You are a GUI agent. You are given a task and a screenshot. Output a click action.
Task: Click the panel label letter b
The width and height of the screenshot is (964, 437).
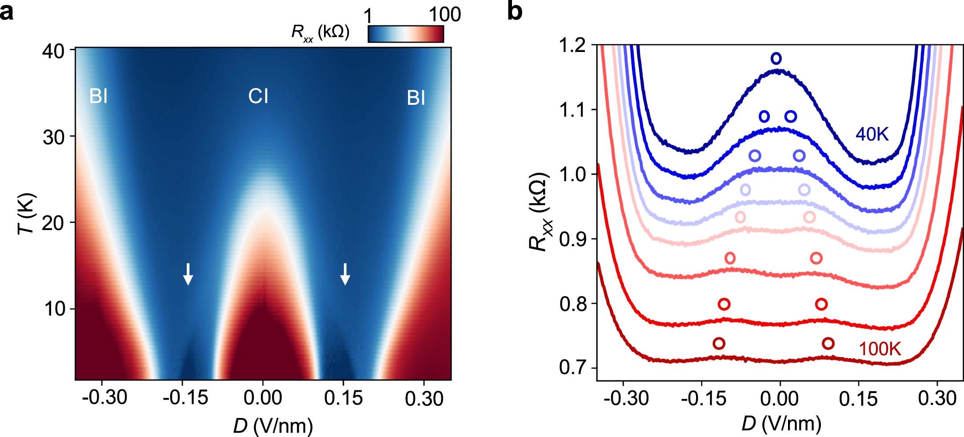point(515,12)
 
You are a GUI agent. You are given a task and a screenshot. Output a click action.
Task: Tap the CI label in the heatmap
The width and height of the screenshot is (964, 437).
point(258,96)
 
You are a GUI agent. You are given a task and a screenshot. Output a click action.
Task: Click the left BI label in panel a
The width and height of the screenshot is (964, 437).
point(98,96)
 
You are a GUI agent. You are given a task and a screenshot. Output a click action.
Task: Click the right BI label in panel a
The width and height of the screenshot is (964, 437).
point(416,98)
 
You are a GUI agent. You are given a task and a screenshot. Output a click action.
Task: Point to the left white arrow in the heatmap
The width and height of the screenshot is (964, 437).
point(188,274)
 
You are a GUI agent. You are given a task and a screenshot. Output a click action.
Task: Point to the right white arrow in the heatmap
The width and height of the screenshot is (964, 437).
point(345,274)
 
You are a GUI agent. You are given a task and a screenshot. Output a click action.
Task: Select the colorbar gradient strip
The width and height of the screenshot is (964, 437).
point(406,34)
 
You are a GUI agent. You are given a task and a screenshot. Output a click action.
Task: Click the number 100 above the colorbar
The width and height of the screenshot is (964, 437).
point(444,15)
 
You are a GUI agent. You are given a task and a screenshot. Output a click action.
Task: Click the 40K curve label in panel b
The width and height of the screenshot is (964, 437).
point(872,134)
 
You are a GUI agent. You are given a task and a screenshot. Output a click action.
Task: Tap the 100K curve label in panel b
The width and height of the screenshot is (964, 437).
point(880,350)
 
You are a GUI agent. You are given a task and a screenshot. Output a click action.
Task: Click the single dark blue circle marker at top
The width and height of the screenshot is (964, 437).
point(776,58)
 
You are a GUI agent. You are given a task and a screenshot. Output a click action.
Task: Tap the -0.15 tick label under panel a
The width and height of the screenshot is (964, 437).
point(185,398)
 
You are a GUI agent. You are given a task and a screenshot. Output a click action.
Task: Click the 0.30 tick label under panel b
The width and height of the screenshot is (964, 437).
point(937,399)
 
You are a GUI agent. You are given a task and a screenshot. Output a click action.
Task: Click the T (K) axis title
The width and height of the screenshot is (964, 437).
point(28,213)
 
